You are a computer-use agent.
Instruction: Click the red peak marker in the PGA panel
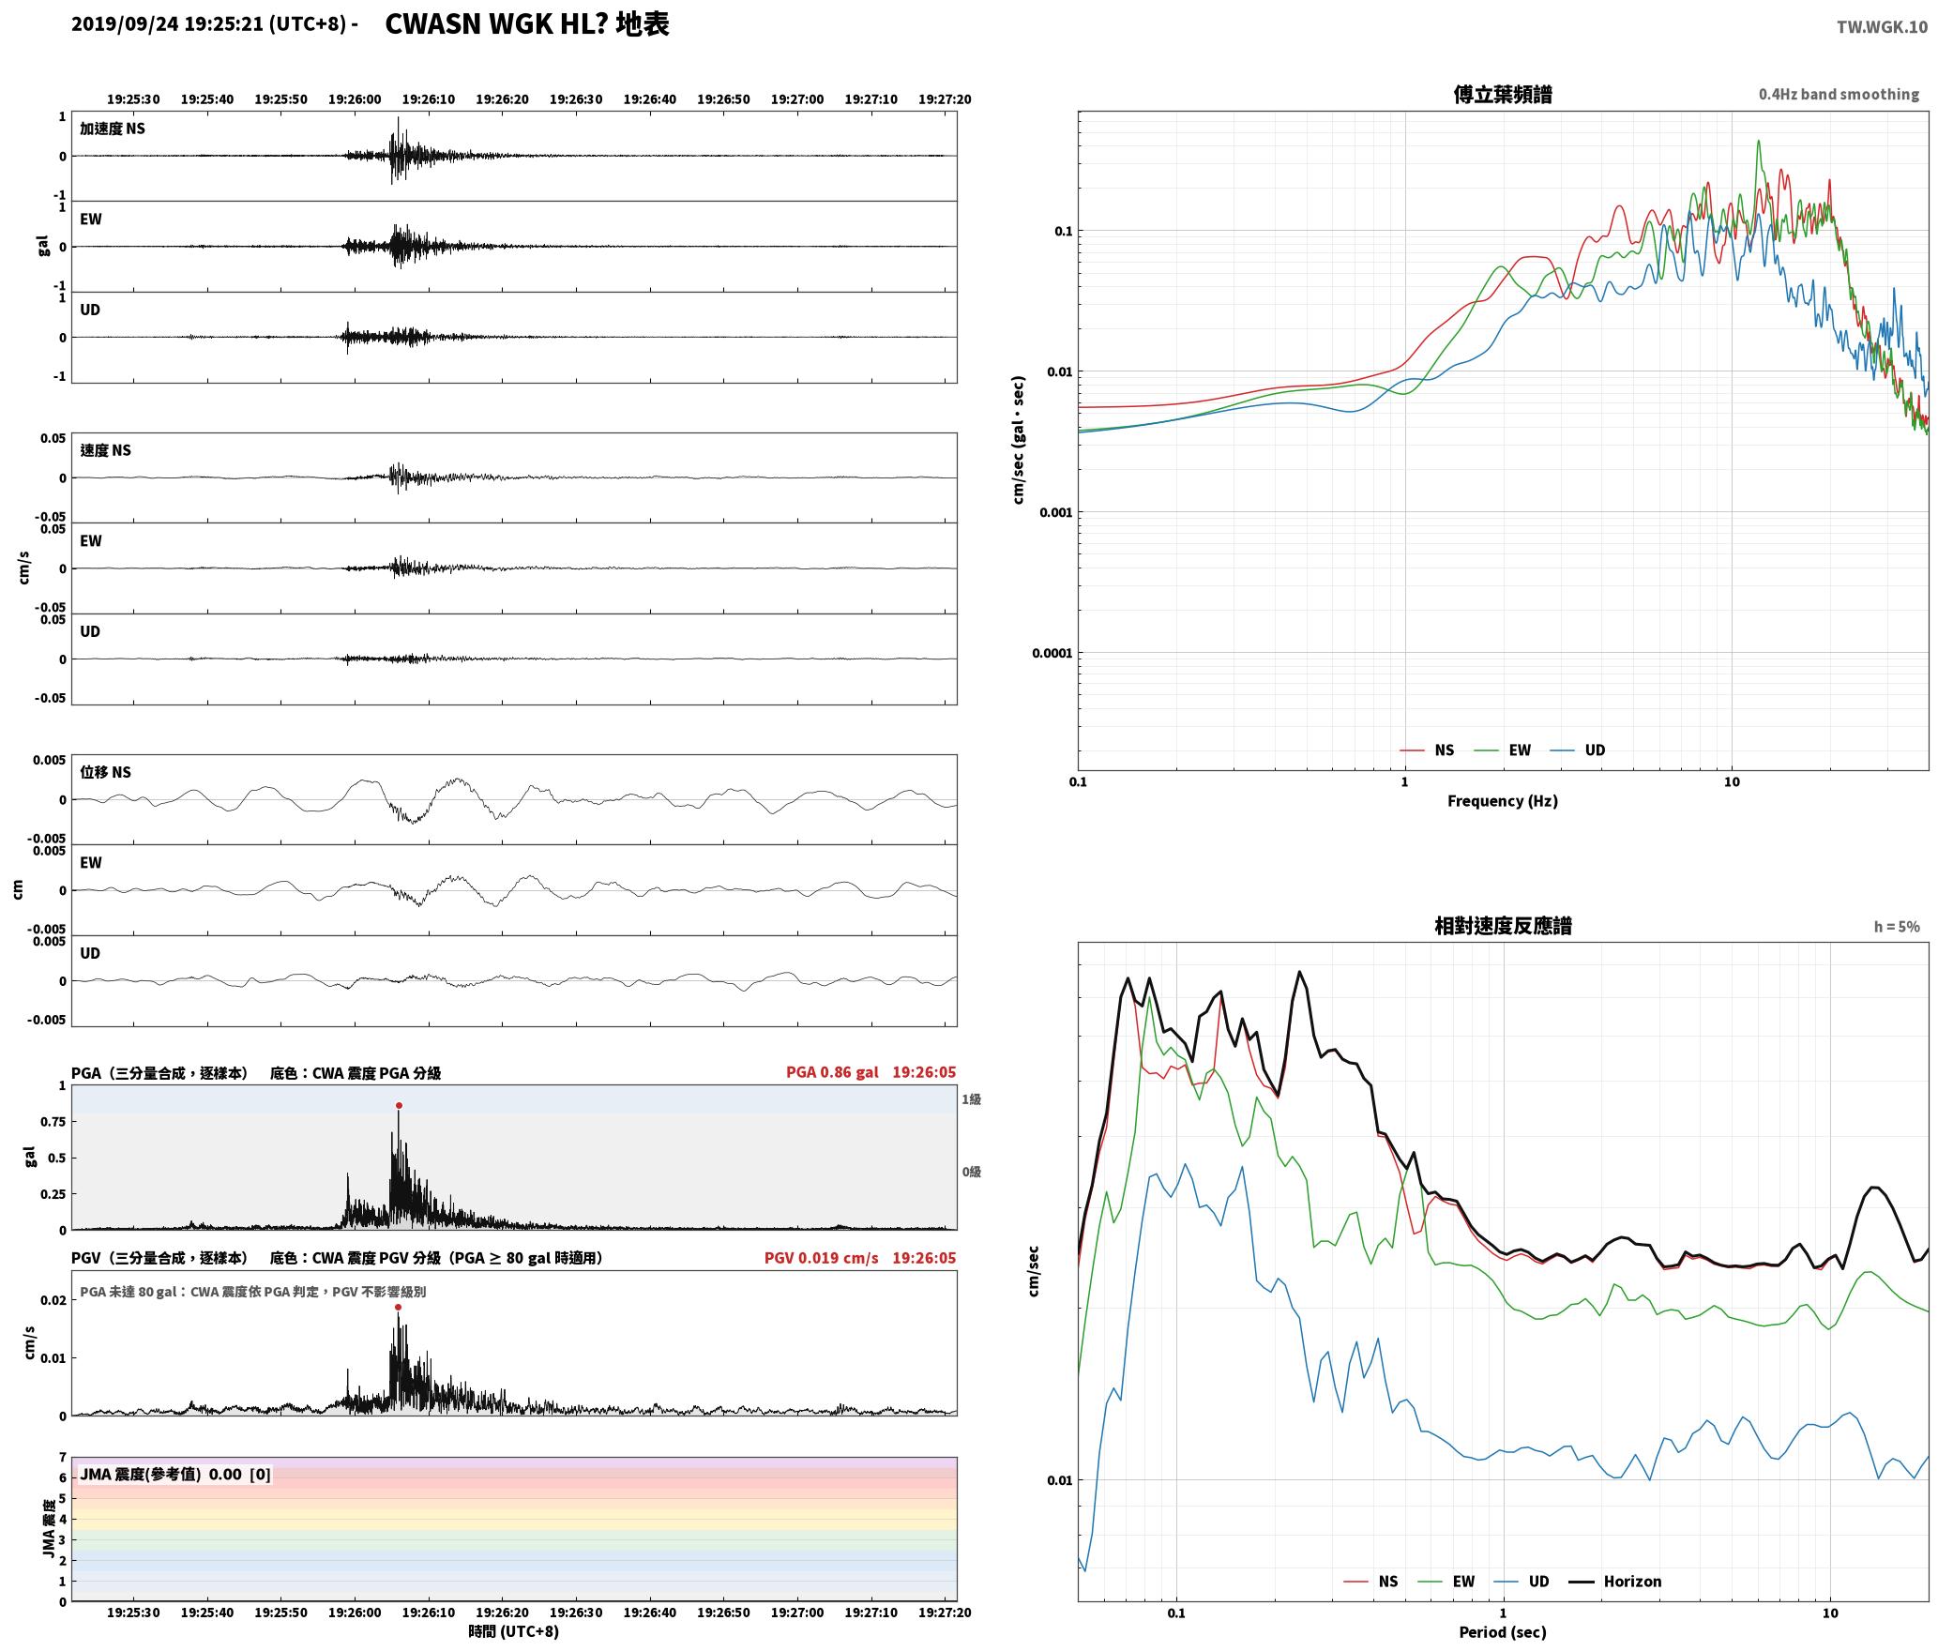[x=399, y=1106]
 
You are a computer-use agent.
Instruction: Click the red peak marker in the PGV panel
[x=398, y=1307]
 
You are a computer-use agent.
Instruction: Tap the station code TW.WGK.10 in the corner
[x=1882, y=27]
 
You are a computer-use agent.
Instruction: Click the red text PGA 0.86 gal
[x=832, y=1072]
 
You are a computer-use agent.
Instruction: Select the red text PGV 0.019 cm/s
[x=821, y=1258]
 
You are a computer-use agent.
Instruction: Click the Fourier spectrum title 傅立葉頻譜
[x=1502, y=95]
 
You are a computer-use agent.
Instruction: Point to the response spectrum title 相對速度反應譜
[x=1503, y=926]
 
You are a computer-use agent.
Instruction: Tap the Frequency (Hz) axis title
[x=1502, y=801]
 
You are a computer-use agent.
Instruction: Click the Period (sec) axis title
[x=1502, y=1632]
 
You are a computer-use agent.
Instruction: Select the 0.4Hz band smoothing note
[x=1839, y=95]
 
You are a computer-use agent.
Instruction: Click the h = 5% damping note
[x=1897, y=927]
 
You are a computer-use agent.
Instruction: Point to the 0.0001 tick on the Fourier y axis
[x=1052, y=653]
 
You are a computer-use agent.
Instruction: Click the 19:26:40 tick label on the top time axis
[x=649, y=99]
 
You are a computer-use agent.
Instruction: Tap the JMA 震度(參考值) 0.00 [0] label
[x=175, y=1474]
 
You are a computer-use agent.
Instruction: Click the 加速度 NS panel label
[x=113, y=129]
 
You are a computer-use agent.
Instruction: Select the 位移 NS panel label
[x=105, y=772]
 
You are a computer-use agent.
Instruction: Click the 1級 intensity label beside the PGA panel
[x=971, y=1099]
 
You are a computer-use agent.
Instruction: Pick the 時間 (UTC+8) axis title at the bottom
[x=513, y=1631]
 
